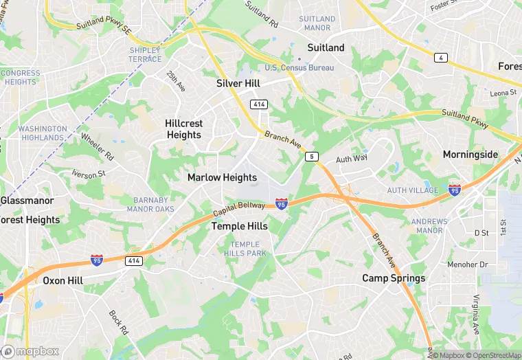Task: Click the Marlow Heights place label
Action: (x=222, y=177)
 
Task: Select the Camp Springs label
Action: (x=394, y=278)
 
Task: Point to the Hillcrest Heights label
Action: (x=184, y=129)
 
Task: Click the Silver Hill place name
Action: (x=238, y=83)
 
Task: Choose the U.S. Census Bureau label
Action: (x=299, y=67)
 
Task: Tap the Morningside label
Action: (x=470, y=155)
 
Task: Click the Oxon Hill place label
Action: (x=63, y=280)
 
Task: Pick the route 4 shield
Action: (x=440, y=58)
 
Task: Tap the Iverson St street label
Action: (x=87, y=175)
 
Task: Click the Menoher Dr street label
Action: (x=468, y=264)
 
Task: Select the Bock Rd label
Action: (x=119, y=322)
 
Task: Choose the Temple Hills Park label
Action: (x=245, y=249)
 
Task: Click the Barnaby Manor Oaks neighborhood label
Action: (x=150, y=204)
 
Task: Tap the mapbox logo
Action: (x=30, y=351)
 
